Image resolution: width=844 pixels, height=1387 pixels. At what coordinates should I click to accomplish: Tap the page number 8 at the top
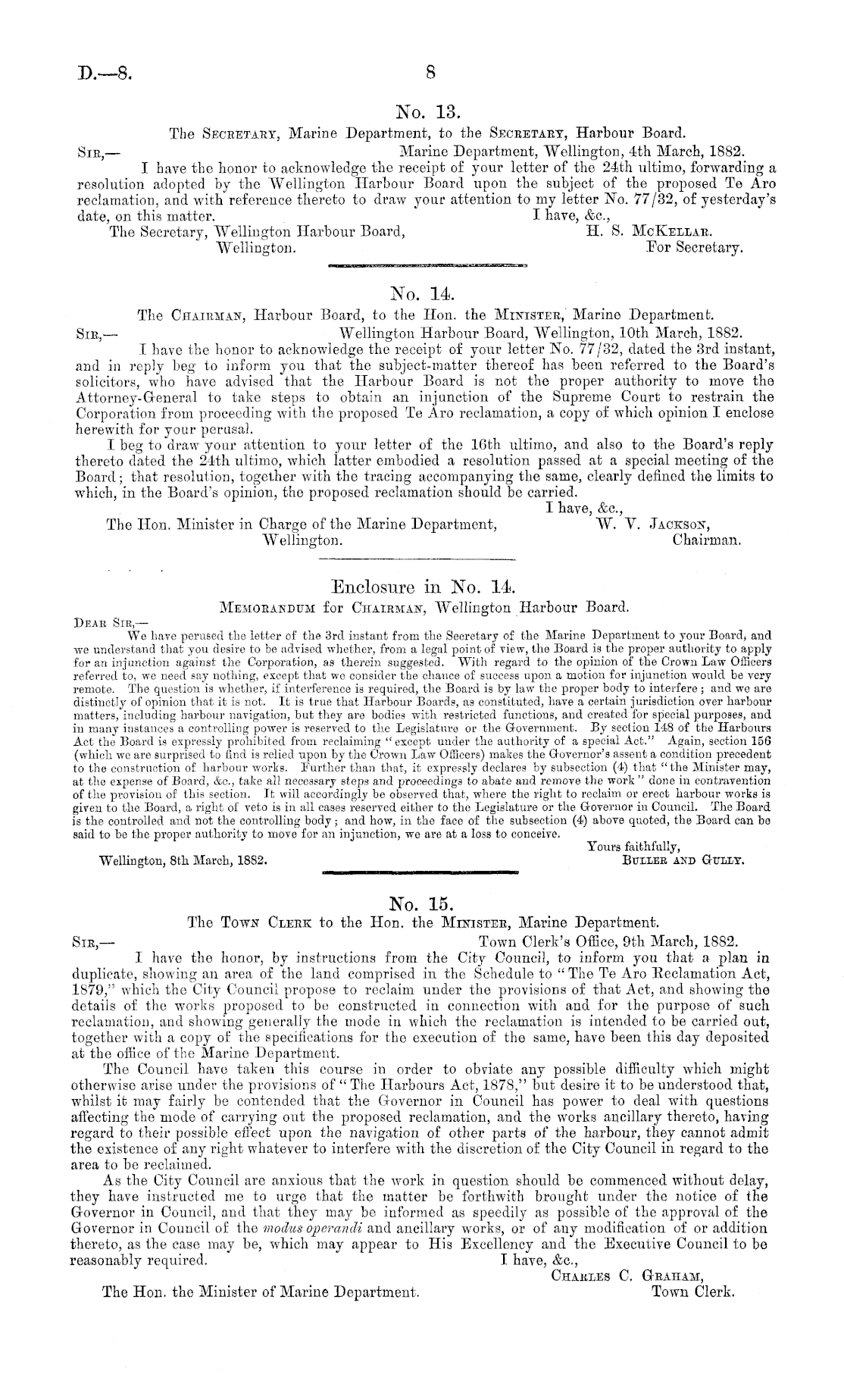(430, 74)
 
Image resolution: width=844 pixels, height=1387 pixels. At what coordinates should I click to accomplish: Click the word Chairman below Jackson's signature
(706, 541)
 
